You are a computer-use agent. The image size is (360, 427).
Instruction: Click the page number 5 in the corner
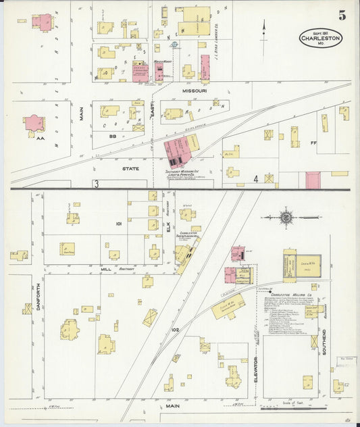tap(342, 16)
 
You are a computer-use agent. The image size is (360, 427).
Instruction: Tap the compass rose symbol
tap(286, 218)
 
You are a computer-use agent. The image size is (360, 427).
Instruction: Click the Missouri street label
tap(194, 90)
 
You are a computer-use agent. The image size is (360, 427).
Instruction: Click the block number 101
tap(118, 223)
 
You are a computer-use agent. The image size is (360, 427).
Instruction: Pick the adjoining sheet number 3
tap(97, 183)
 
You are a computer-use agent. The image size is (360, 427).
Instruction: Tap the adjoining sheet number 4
tap(256, 179)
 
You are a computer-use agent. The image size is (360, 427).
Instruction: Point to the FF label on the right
tap(313, 144)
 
